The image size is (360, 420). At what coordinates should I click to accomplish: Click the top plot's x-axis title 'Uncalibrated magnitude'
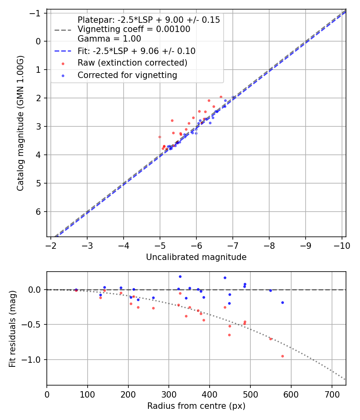[196, 257]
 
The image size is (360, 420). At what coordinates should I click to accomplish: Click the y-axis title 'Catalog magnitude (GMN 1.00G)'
[20, 123]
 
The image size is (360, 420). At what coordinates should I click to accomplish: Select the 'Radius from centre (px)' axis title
[196, 406]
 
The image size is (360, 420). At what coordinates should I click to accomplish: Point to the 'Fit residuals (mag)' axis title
[12, 328]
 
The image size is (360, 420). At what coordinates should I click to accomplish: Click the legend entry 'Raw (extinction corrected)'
[132, 63]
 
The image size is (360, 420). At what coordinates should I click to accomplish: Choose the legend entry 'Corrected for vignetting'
[127, 75]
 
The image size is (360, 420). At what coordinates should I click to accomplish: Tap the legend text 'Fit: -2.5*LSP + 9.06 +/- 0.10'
[136, 51]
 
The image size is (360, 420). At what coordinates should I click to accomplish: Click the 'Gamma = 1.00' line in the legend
[109, 39]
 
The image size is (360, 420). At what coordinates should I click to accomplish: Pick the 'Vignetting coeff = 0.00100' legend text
[134, 29]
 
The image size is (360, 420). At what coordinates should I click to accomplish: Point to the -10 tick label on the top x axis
[342, 245]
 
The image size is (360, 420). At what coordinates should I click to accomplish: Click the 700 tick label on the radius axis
[332, 394]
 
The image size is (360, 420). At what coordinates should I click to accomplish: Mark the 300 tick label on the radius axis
[169, 394]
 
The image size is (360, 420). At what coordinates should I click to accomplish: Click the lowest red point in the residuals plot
[282, 356]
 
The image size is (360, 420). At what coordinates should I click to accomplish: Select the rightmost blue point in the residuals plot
[282, 302]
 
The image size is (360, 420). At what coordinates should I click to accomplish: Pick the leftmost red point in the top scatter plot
[160, 137]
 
